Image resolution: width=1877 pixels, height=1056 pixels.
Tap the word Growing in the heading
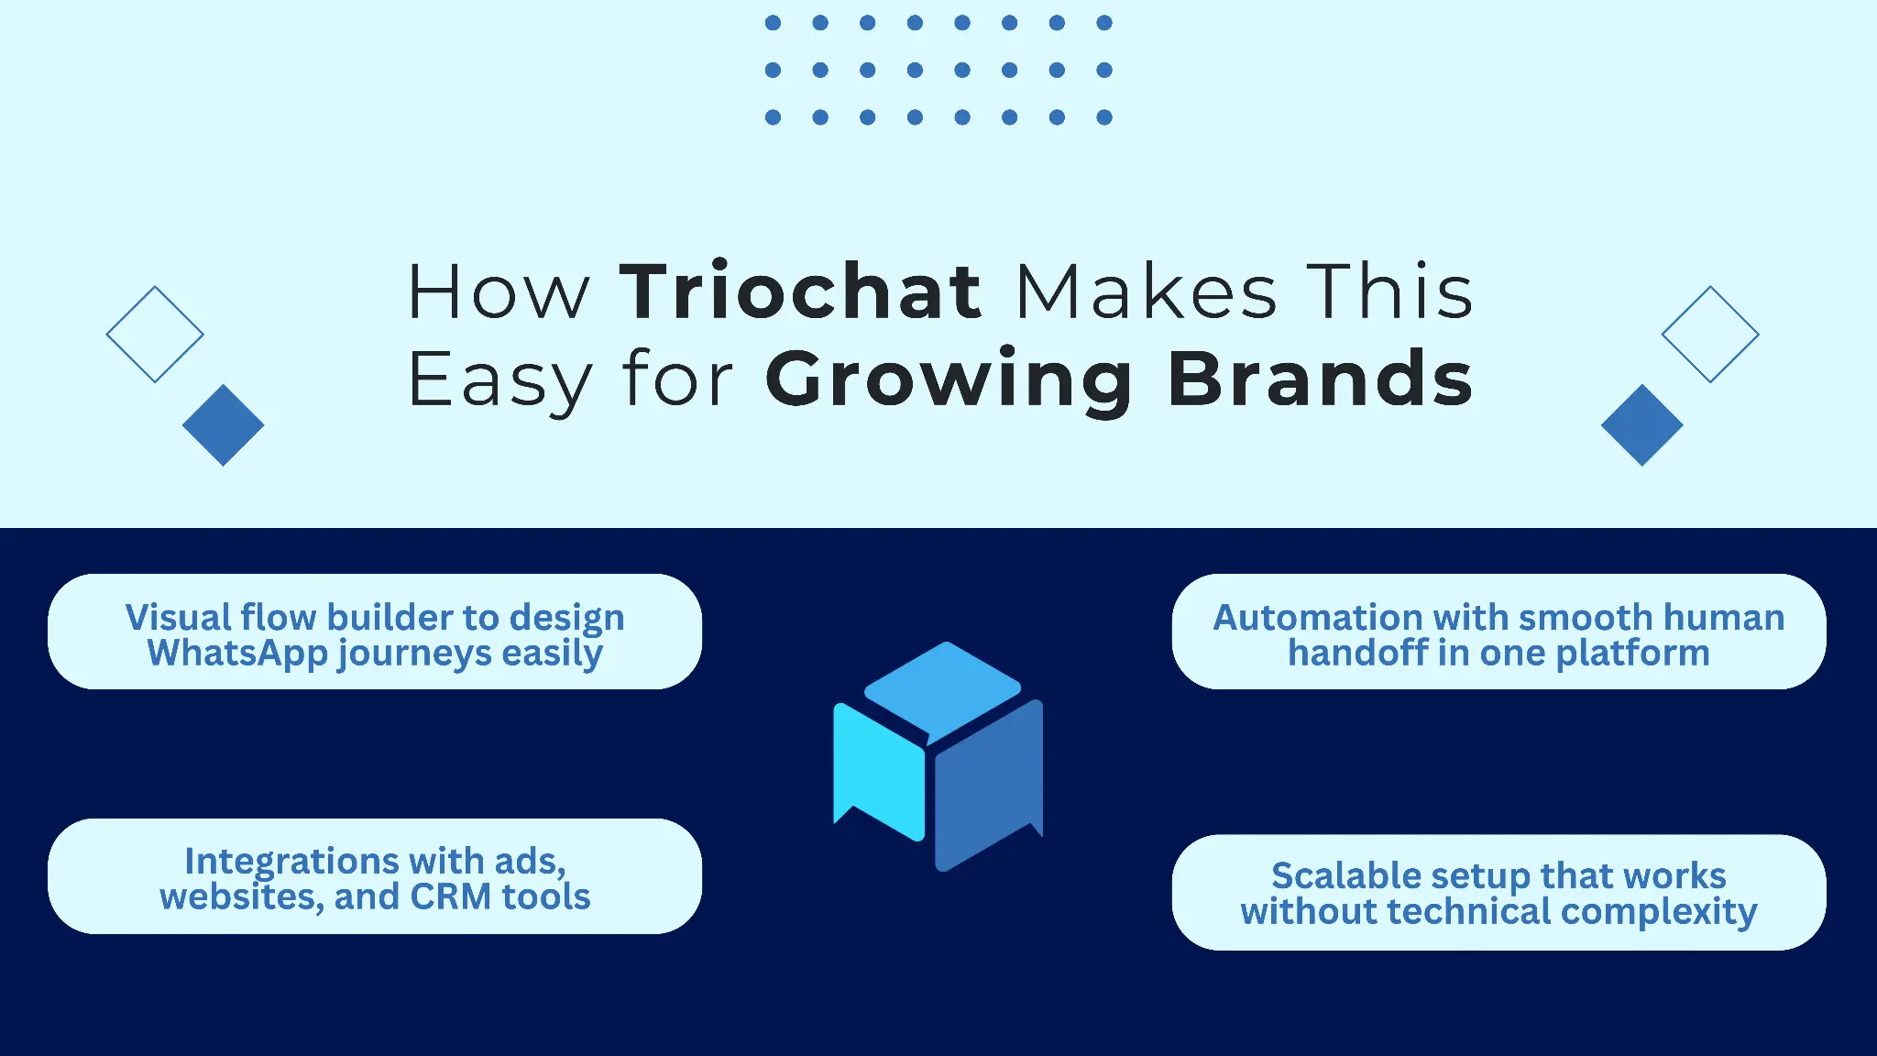pos(949,381)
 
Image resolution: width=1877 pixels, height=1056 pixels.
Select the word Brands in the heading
pos(1321,378)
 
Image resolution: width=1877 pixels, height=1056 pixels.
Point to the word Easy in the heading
pos(500,381)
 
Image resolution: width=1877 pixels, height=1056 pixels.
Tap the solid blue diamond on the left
pos(223,425)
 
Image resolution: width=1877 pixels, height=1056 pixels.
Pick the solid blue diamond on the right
pos(1642,425)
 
